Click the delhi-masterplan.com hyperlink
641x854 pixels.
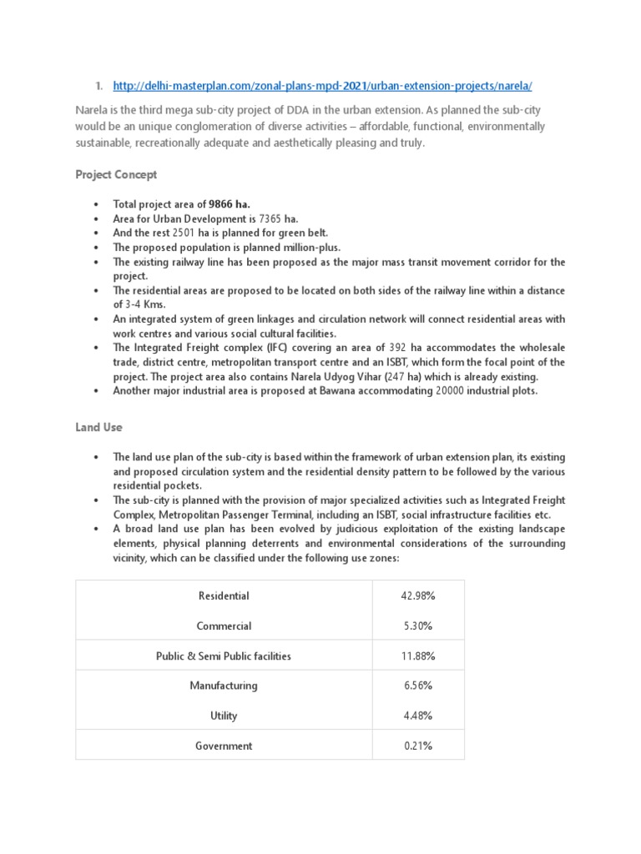pos(322,86)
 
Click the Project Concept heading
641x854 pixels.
pos(116,174)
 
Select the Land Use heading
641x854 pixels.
pos(98,426)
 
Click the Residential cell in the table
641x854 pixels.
pos(224,595)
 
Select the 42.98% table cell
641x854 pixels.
pos(417,595)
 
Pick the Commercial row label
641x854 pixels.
pos(224,625)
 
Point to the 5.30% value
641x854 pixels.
pos(417,625)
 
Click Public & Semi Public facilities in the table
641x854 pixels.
pos(224,656)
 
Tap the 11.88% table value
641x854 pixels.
pos(417,656)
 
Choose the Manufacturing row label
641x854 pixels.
pos(224,686)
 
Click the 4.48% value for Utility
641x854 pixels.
pos(417,716)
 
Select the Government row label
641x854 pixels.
pos(224,746)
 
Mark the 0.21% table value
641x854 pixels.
pos(417,746)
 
